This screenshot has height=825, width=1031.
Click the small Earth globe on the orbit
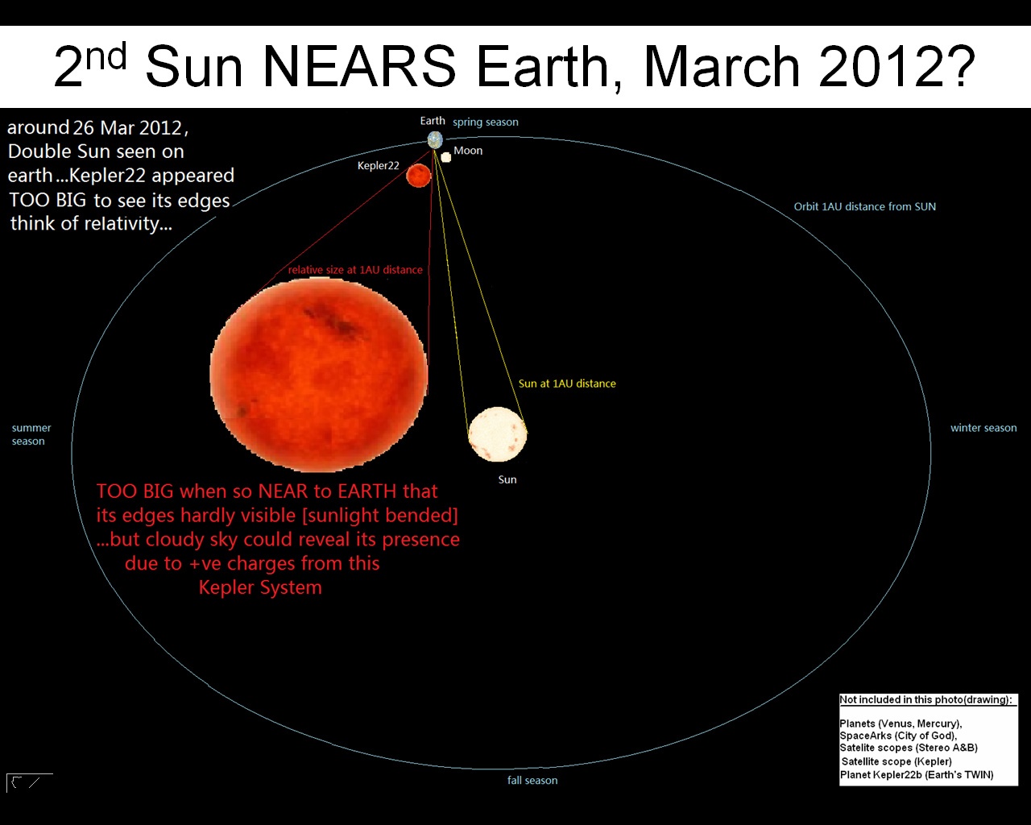click(x=435, y=140)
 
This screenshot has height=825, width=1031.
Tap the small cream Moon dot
click(x=446, y=157)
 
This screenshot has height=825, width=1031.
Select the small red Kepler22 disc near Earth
click(x=419, y=176)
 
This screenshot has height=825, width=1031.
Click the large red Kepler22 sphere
click(x=319, y=375)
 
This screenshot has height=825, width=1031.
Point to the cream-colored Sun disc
click(x=497, y=434)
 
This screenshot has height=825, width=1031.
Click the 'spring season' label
click(x=486, y=122)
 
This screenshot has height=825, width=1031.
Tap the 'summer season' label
click(x=31, y=434)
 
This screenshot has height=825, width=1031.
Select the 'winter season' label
click(x=983, y=428)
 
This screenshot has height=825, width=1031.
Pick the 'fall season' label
click(x=532, y=781)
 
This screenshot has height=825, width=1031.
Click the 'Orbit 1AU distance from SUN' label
click(x=865, y=206)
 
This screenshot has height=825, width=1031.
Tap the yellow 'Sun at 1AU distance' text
click(x=567, y=383)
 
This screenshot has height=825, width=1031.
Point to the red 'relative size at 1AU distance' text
click(x=355, y=270)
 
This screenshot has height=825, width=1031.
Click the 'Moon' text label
click(x=468, y=151)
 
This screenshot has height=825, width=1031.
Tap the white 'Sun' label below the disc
click(x=507, y=479)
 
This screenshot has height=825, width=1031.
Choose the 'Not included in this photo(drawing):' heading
click(x=925, y=699)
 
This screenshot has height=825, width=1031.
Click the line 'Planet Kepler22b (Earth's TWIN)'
click(x=917, y=775)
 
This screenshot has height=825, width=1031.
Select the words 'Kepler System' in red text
click(x=260, y=587)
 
